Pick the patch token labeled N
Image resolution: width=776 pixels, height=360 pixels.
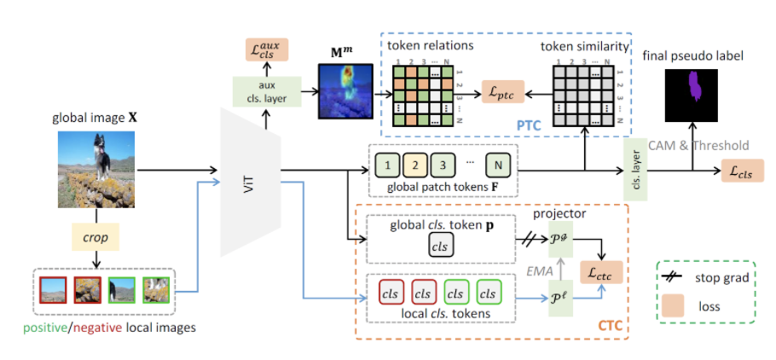tap(498, 163)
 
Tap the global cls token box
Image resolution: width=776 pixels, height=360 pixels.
tap(442, 245)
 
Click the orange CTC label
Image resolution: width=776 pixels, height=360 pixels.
tap(610, 325)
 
